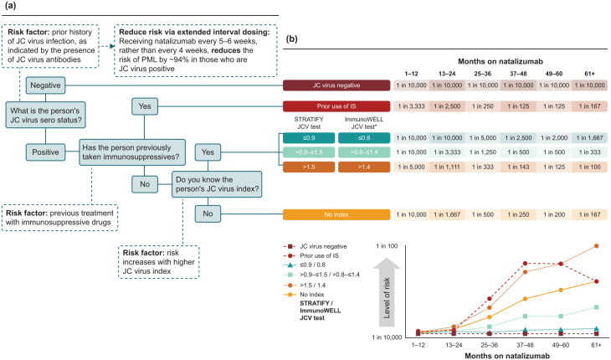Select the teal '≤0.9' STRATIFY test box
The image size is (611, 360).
click(307, 138)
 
